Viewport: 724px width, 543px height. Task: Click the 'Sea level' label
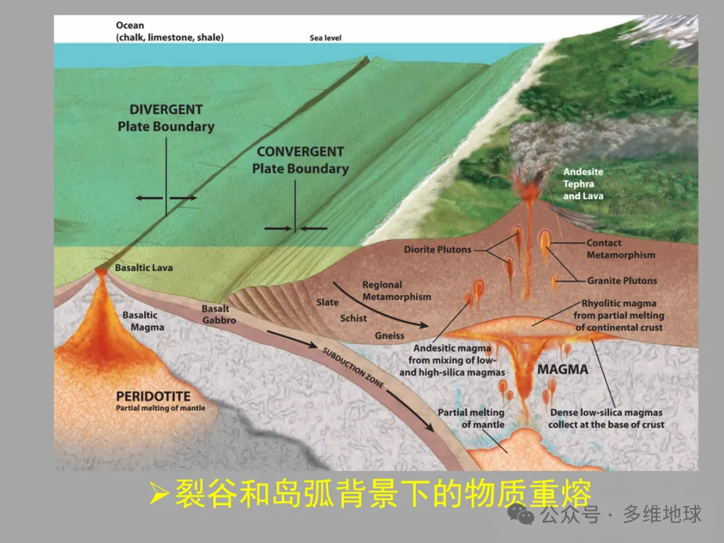pyautogui.click(x=325, y=38)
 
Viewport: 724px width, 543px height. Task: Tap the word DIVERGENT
pyautogui.click(x=166, y=110)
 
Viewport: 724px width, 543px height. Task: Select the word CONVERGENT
pyautogui.click(x=300, y=152)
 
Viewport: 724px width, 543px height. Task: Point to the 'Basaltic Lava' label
pyautogui.click(x=143, y=267)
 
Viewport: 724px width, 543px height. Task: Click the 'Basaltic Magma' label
pyautogui.click(x=143, y=321)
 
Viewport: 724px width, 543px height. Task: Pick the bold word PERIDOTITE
pyautogui.click(x=153, y=397)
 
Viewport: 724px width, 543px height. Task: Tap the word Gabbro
pyautogui.click(x=219, y=320)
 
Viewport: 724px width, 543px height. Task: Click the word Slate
pyautogui.click(x=328, y=302)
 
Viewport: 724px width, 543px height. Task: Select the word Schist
pyautogui.click(x=353, y=318)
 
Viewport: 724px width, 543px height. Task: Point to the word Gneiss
pyautogui.click(x=389, y=335)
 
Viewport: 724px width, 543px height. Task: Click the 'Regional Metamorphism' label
pyautogui.click(x=396, y=291)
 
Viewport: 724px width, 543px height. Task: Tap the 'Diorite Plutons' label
pyautogui.click(x=437, y=249)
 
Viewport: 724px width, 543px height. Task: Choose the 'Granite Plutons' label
pyautogui.click(x=622, y=281)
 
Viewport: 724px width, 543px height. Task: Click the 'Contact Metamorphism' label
pyautogui.click(x=621, y=249)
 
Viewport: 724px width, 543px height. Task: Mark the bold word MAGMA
pyautogui.click(x=562, y=369)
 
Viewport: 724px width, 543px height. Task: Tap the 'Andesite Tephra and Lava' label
pyautogui.click(x=583, y=184)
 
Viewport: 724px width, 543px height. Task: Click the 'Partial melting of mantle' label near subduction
pyautogui.click(x=471, y=419)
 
